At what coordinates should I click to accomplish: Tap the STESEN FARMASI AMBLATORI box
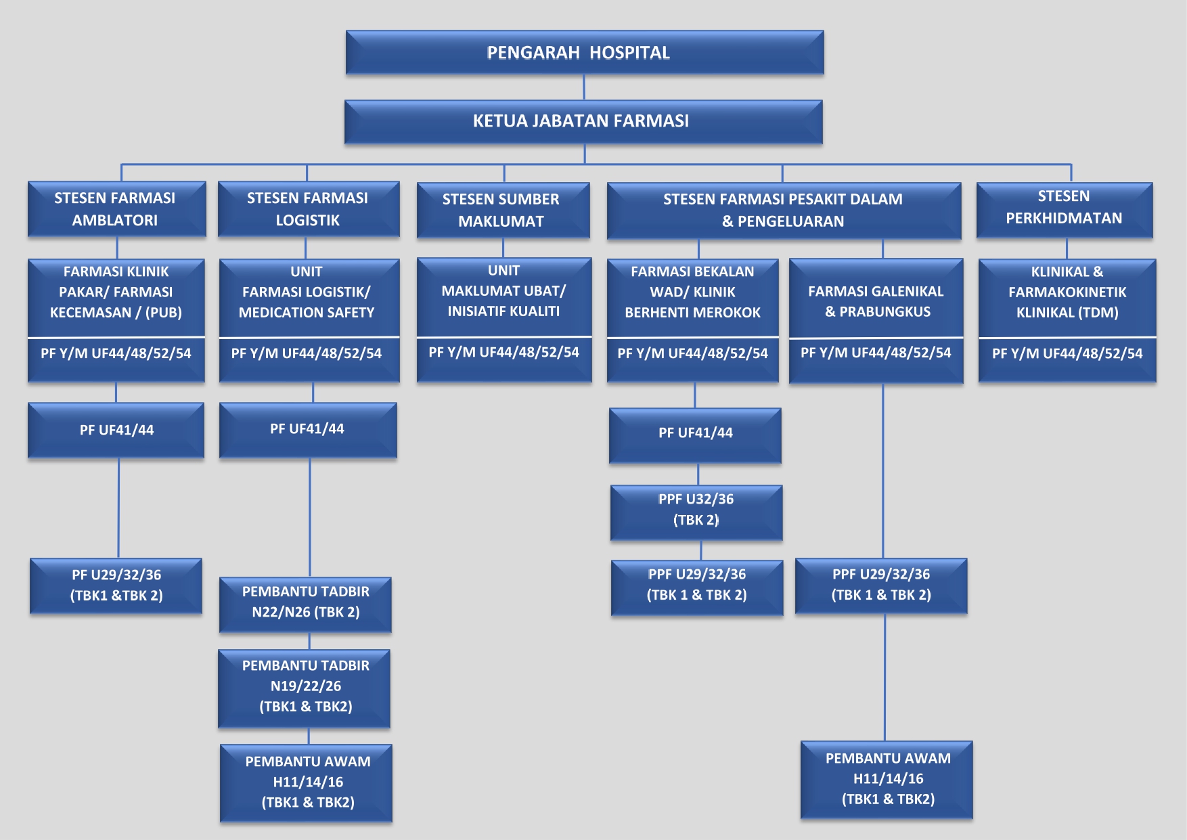(116, 208)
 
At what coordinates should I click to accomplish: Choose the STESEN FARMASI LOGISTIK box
(308, 208)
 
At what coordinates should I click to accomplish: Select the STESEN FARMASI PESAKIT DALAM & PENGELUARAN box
(783, 210)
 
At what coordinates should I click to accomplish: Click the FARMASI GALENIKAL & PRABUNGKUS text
(876, 301)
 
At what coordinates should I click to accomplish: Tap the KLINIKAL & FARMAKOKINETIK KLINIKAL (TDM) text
(1067, 292)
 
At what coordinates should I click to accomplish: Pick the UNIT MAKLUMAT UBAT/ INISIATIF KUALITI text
(503, 290)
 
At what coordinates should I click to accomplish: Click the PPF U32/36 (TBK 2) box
(696, 510)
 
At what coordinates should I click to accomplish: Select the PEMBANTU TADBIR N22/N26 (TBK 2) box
(305, 602)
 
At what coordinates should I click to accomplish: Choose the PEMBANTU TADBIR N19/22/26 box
(305, 686)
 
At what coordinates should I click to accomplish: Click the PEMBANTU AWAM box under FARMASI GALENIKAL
(887, 778)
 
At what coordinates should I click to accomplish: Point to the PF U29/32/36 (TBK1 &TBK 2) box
(116, 585)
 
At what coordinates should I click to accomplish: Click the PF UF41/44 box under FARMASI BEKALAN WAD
(695, 433)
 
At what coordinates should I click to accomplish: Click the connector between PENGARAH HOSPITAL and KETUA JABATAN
(584, 87)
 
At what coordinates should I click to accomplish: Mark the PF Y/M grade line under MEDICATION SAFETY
(307, 353)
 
